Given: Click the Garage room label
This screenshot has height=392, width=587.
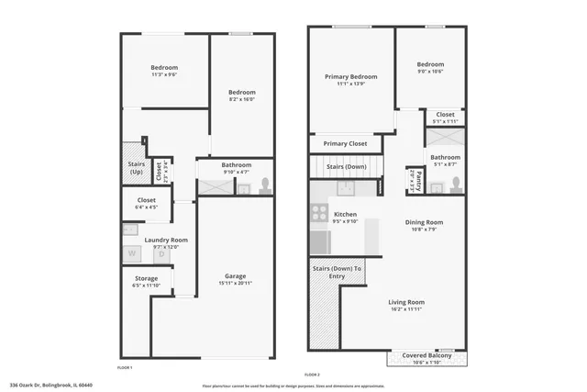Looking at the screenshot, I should coord(236,276).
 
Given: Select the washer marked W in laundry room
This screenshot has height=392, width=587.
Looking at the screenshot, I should coord(131,252).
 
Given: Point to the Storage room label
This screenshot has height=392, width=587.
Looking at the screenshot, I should coord(146,278).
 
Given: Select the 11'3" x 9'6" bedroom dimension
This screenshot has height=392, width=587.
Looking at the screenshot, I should coord(164,76).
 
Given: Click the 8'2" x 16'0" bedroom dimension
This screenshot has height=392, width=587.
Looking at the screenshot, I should coord(241,100).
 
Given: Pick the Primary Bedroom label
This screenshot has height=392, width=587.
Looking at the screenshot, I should coord(351,76).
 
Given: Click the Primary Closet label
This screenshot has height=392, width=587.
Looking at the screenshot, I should coord(346,144).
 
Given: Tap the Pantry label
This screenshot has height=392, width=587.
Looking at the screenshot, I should coord(419,179).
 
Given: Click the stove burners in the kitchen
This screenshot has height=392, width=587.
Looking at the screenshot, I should coord(319,213).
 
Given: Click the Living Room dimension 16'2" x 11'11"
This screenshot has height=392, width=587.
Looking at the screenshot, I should coord(405,309).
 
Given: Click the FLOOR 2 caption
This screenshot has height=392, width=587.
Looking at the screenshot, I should coord(312,375).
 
